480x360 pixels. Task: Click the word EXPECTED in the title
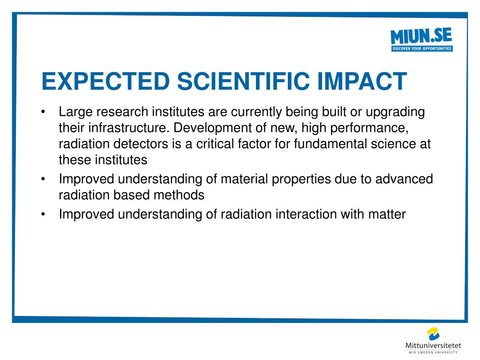coord(105,81)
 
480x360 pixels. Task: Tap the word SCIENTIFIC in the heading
coord(243,81)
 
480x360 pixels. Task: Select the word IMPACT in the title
coord(362,81)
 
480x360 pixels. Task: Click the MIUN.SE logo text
coord(421,36)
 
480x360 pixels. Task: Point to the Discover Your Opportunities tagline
coord(422,48)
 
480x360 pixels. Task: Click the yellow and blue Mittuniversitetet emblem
coord(433,334)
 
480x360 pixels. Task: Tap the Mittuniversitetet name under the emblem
coord(433,345)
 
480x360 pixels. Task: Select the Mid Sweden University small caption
coord(433,352)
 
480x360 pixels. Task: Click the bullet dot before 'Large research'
coord(43,112)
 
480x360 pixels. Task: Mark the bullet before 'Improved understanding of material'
coord(43,179)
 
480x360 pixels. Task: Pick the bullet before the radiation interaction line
coord(43,214)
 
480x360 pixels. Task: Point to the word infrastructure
coord(129,127)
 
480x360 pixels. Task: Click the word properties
coord(301,180)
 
